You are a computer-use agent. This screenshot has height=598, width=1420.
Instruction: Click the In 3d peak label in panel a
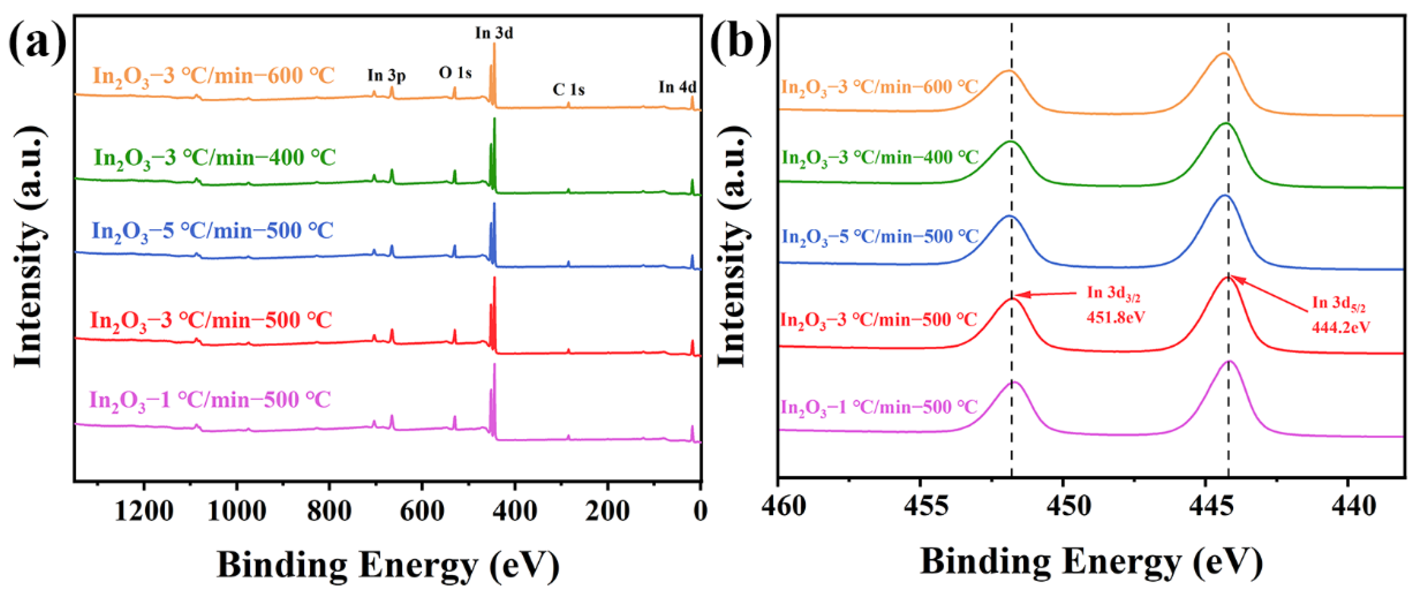[494, 33]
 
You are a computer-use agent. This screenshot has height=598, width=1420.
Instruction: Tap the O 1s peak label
[455, 73]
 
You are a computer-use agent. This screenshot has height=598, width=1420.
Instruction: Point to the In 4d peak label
[677, 87]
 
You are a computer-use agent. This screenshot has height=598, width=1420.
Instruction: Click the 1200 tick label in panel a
[144, 510]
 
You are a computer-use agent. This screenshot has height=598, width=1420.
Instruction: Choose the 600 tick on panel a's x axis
[422, 510]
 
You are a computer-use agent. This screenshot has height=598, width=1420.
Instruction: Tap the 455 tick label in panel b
[926, 506]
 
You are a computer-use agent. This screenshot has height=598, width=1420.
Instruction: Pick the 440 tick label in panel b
[1353, 506]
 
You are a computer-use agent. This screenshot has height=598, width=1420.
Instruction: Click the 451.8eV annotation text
[1116, 317]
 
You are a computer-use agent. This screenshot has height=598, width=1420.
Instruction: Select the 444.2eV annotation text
[1341, 327]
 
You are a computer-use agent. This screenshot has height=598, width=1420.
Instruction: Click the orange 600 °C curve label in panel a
[213, 76]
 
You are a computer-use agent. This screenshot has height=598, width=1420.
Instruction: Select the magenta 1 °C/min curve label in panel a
[210, 400]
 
